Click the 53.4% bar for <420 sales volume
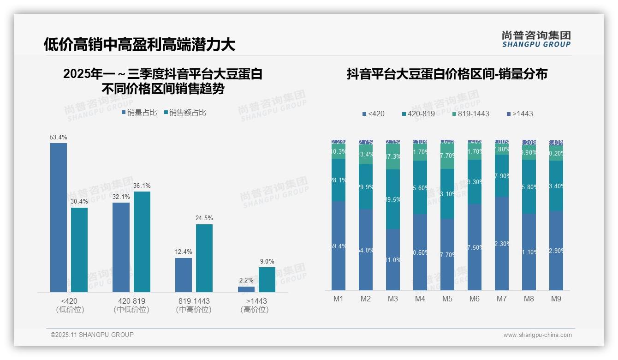59,217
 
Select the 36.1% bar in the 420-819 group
142,241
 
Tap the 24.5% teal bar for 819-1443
204,258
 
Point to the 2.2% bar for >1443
246,289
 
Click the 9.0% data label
267,262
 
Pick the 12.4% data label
184,252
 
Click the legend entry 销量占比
139,113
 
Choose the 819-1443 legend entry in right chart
470,114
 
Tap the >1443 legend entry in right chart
520,114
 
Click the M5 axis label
447,299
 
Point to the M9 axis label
556,299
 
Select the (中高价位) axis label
194,310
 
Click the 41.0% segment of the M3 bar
393,259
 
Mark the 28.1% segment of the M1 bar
339,180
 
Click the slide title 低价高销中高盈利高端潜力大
140,44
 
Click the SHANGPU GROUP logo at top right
536,39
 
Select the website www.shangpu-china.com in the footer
537,335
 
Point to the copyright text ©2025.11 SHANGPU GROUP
92,335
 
